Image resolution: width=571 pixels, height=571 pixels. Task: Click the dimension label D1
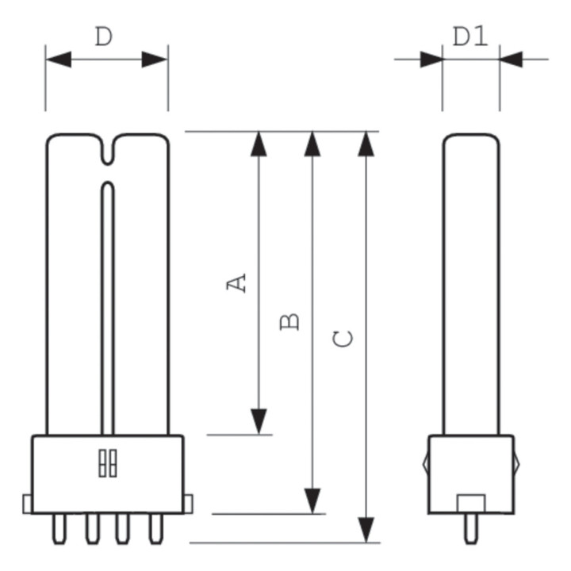[x=470, y=36]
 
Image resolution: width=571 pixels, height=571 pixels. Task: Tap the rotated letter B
[x=290, y=321]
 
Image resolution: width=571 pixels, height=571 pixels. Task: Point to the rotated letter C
[x=343, y=339]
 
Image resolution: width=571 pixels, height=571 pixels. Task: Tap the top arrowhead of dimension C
[x=366, y=144]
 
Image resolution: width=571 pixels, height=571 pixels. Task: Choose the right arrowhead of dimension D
[x=155, y=59]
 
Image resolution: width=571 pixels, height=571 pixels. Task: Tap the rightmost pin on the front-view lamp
[x=155, y=528]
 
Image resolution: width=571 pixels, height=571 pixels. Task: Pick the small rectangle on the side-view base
[x=471, y=503]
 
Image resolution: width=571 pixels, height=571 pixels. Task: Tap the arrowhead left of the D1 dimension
[x=431, y=59]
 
